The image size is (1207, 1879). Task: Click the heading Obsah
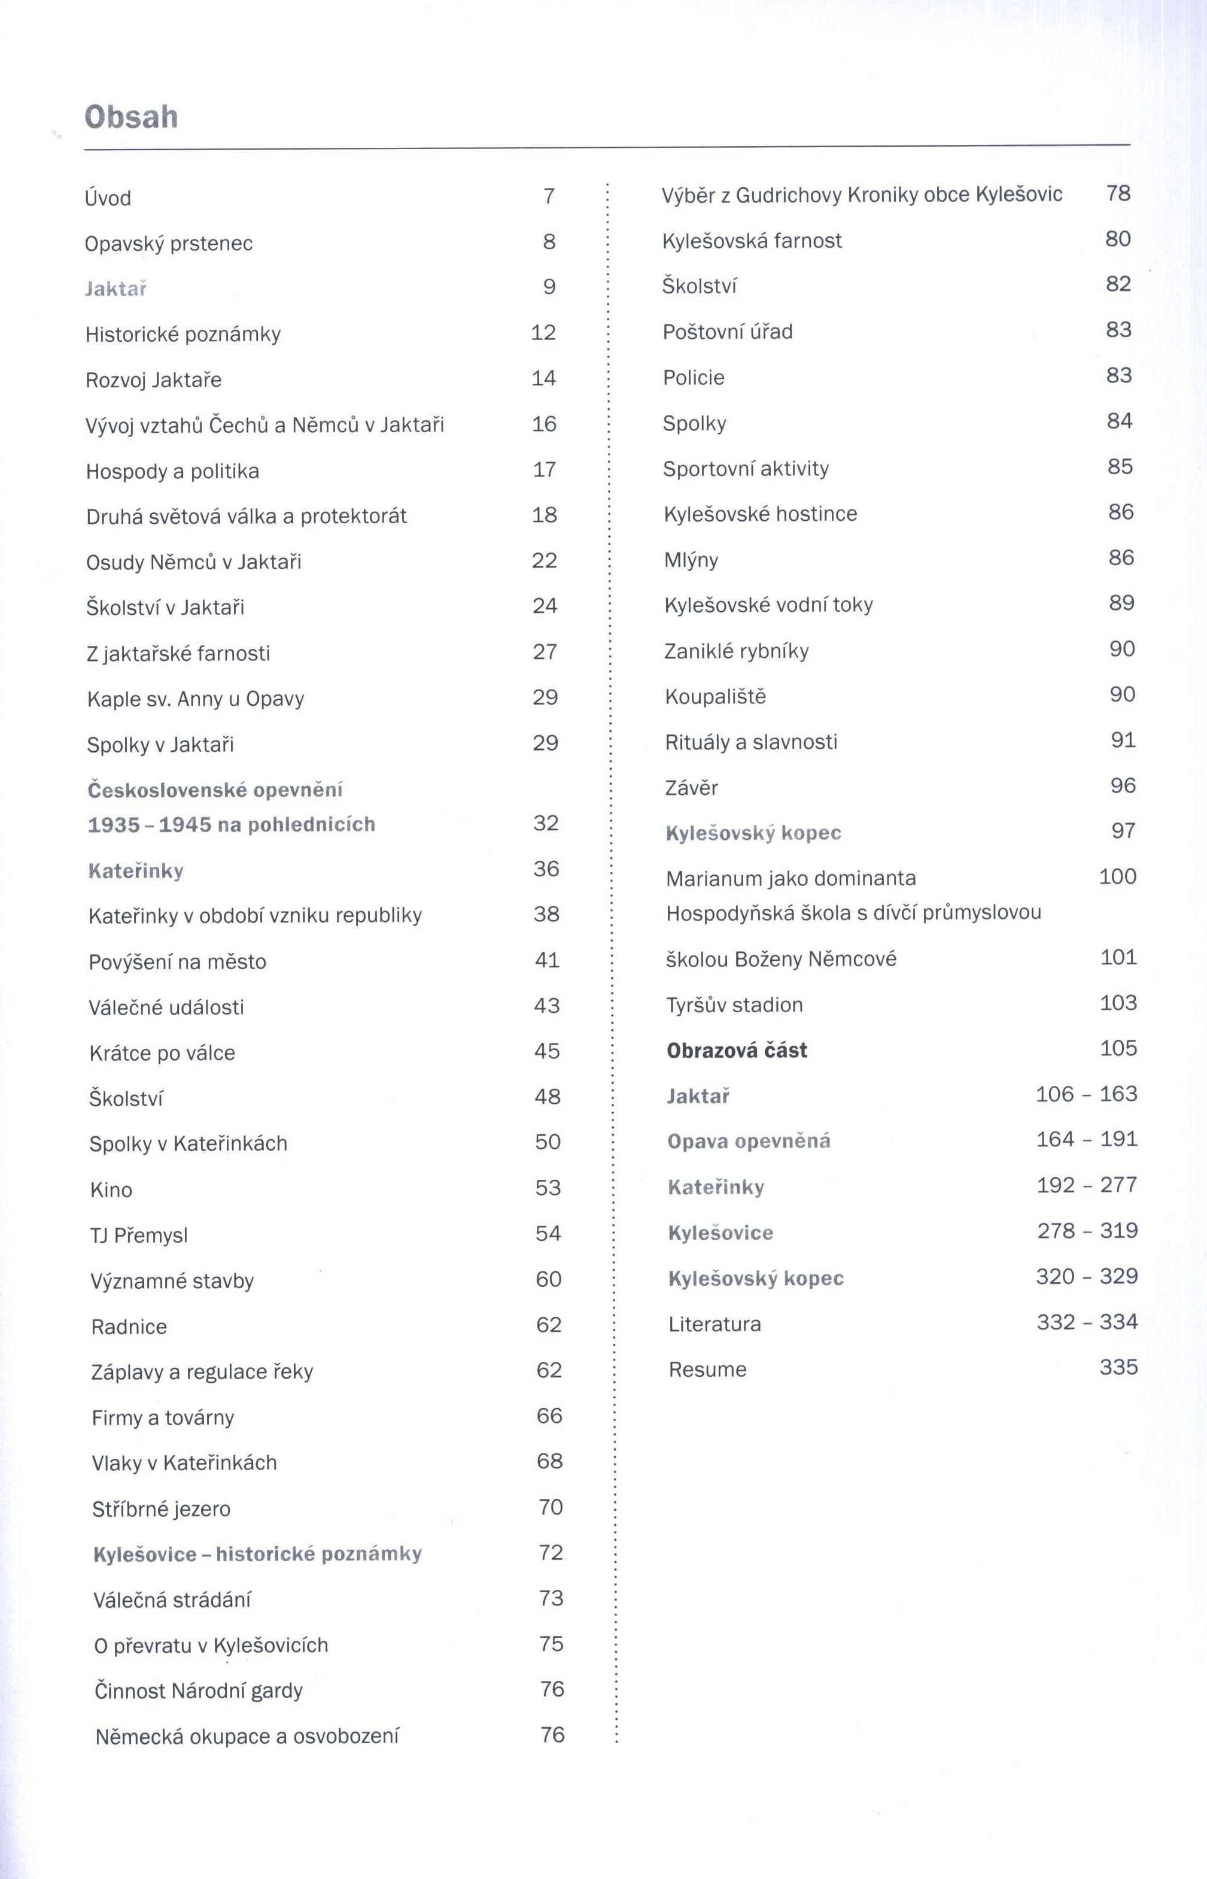click(131, 117)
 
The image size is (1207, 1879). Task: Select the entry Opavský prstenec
click(169, 244)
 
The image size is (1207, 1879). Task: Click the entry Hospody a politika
click(172, 471)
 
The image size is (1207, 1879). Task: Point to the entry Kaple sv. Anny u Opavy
click(195, 699)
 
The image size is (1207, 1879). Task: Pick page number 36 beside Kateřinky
click(546, 869)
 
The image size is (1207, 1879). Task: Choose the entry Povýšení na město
click(177, 962)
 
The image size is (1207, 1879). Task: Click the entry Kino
click(111, 1190)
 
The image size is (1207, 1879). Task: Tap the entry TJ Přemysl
click(139, 1236)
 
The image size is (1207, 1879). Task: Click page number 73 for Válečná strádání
click(551, 1598)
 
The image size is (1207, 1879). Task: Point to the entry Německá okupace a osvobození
click(247, 1737)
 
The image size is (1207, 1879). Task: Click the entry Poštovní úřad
click(727, 332)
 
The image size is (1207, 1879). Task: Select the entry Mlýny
click(691, 560)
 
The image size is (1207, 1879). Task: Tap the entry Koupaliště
click(715, 696)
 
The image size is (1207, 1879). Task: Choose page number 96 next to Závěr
click(1123, 785)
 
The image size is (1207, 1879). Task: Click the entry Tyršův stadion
click(734, 1005)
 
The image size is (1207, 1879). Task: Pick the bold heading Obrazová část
click(737, 1051)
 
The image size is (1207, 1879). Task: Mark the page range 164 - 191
click(1086, 1139)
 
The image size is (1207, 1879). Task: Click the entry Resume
click(707, 1370)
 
